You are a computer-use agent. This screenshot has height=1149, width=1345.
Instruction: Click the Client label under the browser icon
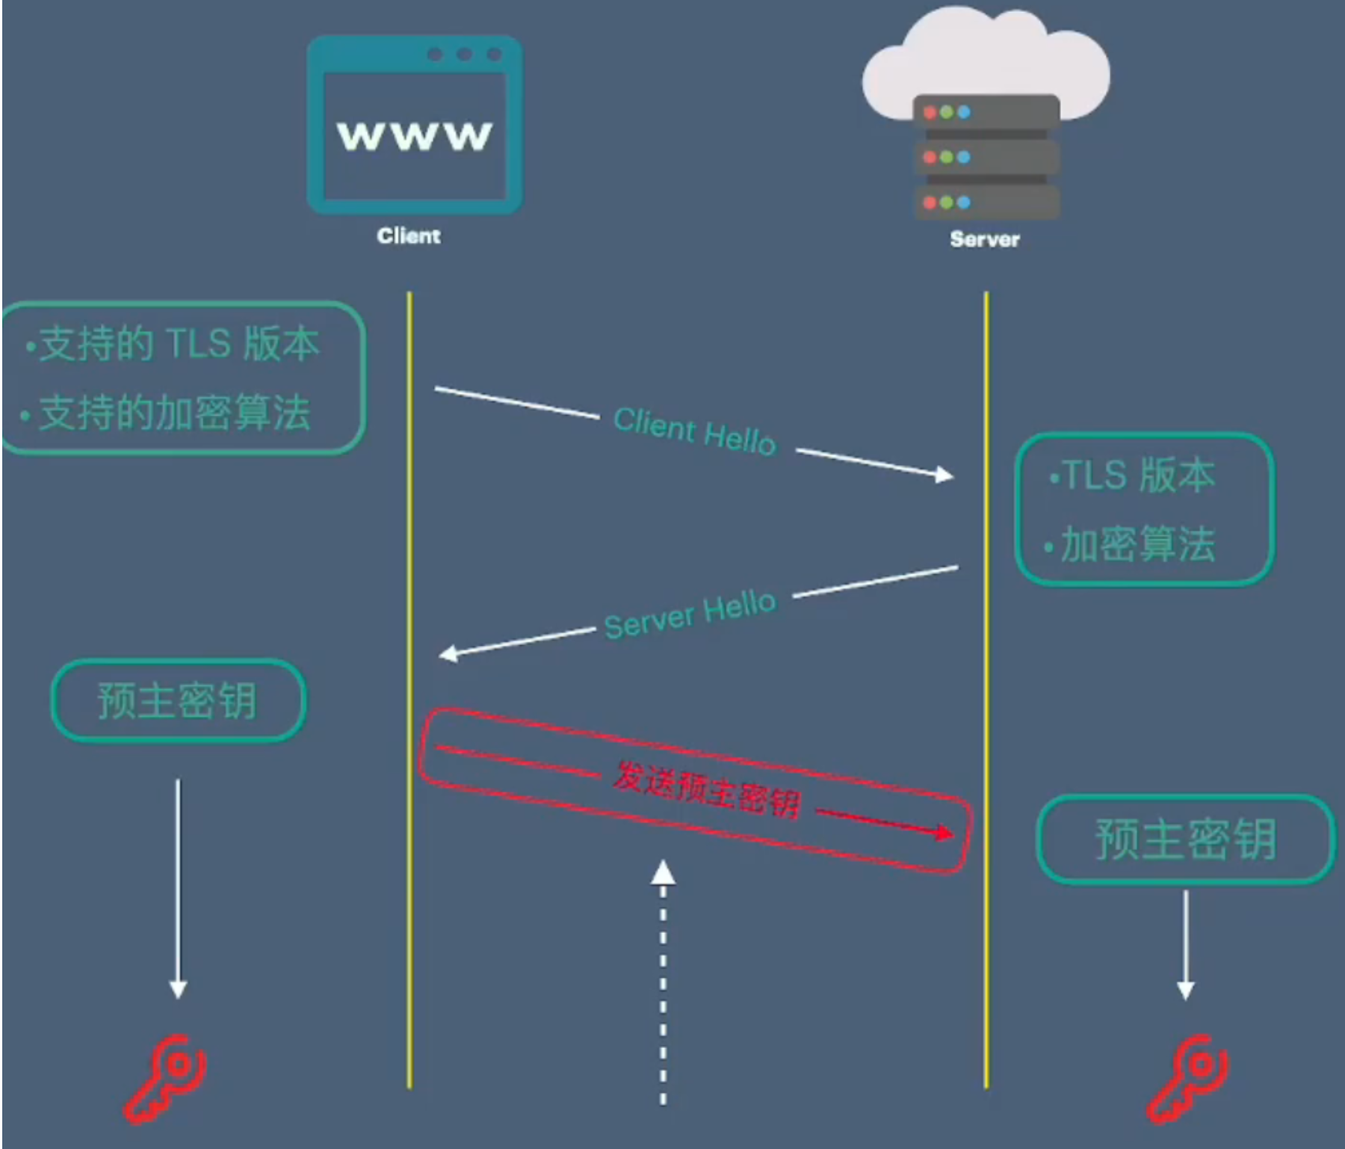point(409,236)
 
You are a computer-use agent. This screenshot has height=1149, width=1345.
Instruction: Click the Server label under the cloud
point(984,239)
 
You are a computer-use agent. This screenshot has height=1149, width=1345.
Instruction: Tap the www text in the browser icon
point(415,135)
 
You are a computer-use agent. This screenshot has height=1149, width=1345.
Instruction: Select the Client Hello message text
point(695,431)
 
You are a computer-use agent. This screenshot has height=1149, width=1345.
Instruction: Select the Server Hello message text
point(690,614)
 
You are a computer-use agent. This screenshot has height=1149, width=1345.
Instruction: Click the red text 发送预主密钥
point(707,790)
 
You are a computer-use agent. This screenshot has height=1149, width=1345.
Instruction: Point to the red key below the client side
point(166,1078)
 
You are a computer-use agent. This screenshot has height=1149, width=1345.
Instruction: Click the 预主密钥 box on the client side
point(178,700)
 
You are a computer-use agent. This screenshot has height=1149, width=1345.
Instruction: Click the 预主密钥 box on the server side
point(1186,839)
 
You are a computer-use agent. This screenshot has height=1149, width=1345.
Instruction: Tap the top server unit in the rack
point(986,112)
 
